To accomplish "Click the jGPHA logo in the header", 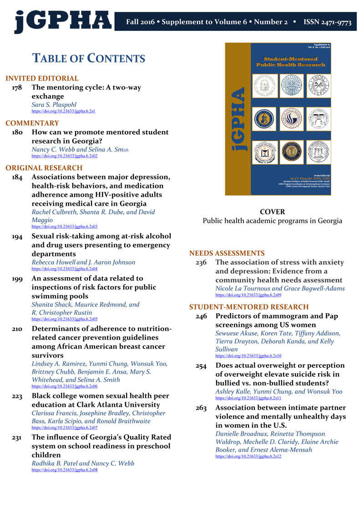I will (x=63, y=20).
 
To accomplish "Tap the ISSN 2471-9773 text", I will (x=327, y=22).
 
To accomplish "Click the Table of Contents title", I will (x=88, y=58).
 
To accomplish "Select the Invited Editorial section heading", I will (x=42, y=78).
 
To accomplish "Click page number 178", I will (x=17, y=87).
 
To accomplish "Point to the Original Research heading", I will (x=44, y=168).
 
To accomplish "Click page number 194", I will (x=17, y=236).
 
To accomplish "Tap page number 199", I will (x=17, y=279).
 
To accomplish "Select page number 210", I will (x=17, y=329).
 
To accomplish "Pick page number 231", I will (x=17, y=437).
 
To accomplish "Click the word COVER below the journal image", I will (x=272, y=212).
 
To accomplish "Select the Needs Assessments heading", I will (x=227, y=253).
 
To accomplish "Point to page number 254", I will (x=201, y=366).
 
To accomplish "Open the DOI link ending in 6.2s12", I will (x=248, y=456).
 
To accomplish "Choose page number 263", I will (x=201, y=408).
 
